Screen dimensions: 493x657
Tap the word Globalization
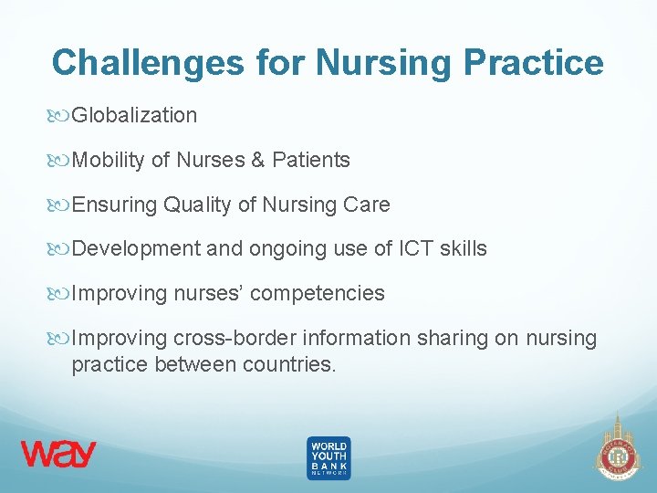pyautogui.click(x=134, y=115)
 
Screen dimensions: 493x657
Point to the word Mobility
pyautogui.click(x=108, y=160)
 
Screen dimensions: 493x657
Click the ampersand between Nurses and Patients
pyautogui.click(x=256, y=160)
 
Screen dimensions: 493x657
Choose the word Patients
pyautogui.click(x=311, y=160)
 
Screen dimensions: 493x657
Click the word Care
pyautogui.click(x=368, y=205)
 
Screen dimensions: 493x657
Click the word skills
pyautogui.click(x=464, y=248)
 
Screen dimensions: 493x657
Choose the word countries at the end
pyautogui.click(x=291, y=365)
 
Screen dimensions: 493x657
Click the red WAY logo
pyautogui.click(x=58, y=454)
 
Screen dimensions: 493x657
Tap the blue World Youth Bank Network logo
pyautogui.click(x=328, y=457)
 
